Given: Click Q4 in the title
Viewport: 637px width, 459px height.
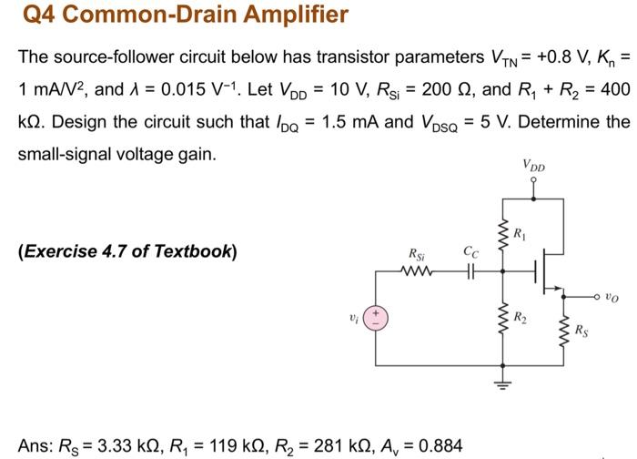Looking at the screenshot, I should tap(38, 15).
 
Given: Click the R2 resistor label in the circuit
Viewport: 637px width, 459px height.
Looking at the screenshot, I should tap(520, 318).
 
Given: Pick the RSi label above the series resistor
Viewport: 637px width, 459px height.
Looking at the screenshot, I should tap(415, 254).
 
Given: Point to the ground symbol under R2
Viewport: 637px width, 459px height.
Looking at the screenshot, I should tap(499, 383).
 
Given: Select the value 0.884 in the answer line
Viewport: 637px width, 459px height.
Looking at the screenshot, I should tap(435, 446).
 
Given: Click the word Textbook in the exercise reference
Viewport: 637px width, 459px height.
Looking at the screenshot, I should tap(195, 250).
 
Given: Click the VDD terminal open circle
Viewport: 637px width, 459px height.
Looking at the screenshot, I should tap(534, 181).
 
